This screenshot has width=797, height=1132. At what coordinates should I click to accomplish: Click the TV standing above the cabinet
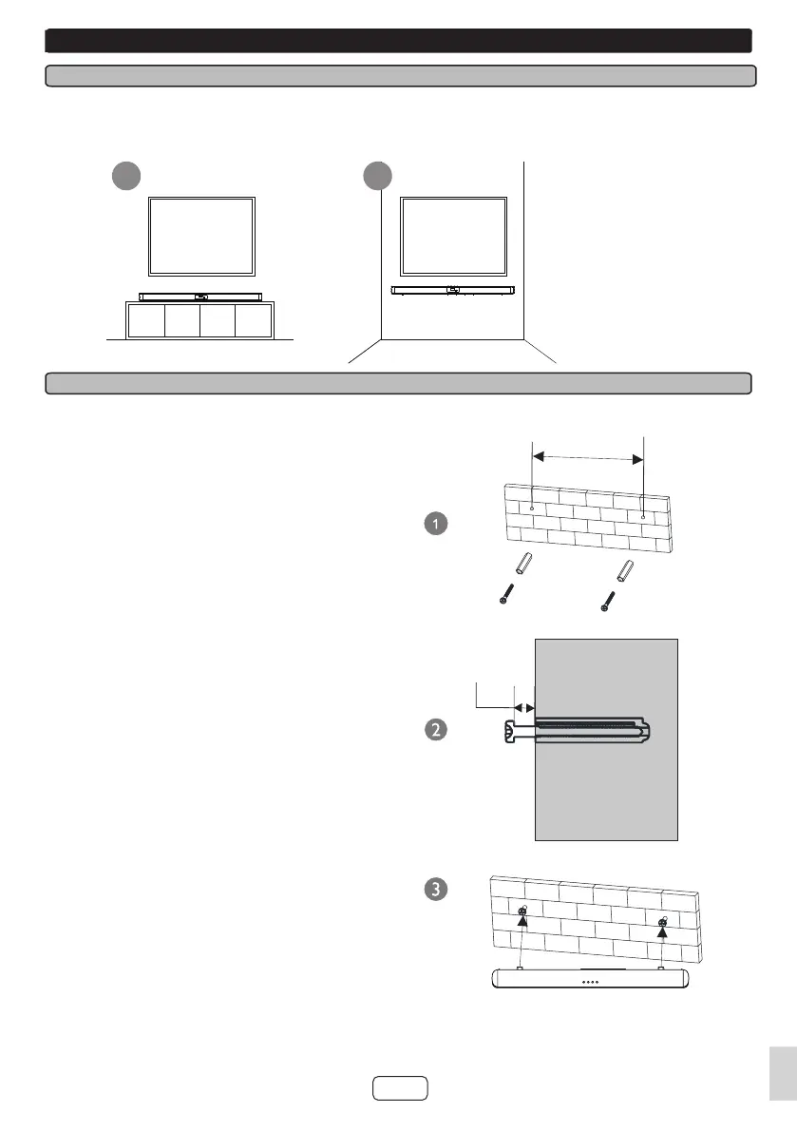coord(201,235)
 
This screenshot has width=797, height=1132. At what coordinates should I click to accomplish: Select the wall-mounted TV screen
coord(453,235)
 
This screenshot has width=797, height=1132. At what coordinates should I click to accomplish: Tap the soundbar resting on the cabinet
coord(200,297)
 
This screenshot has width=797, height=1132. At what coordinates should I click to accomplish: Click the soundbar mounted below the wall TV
coord(454,290)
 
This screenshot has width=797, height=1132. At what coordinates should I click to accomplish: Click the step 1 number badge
coord(435,524)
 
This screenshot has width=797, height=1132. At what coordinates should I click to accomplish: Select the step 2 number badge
coord(435,730)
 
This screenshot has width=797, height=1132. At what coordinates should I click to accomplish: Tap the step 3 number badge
coord(435,890)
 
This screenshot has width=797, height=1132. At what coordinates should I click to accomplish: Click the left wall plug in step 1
coord(524,564)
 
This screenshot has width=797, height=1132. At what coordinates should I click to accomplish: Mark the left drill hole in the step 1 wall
coord(532,508)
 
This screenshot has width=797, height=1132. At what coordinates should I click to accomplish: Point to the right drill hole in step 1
coord(643,517)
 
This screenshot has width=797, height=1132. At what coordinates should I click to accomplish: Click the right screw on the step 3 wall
coord(662,921)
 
